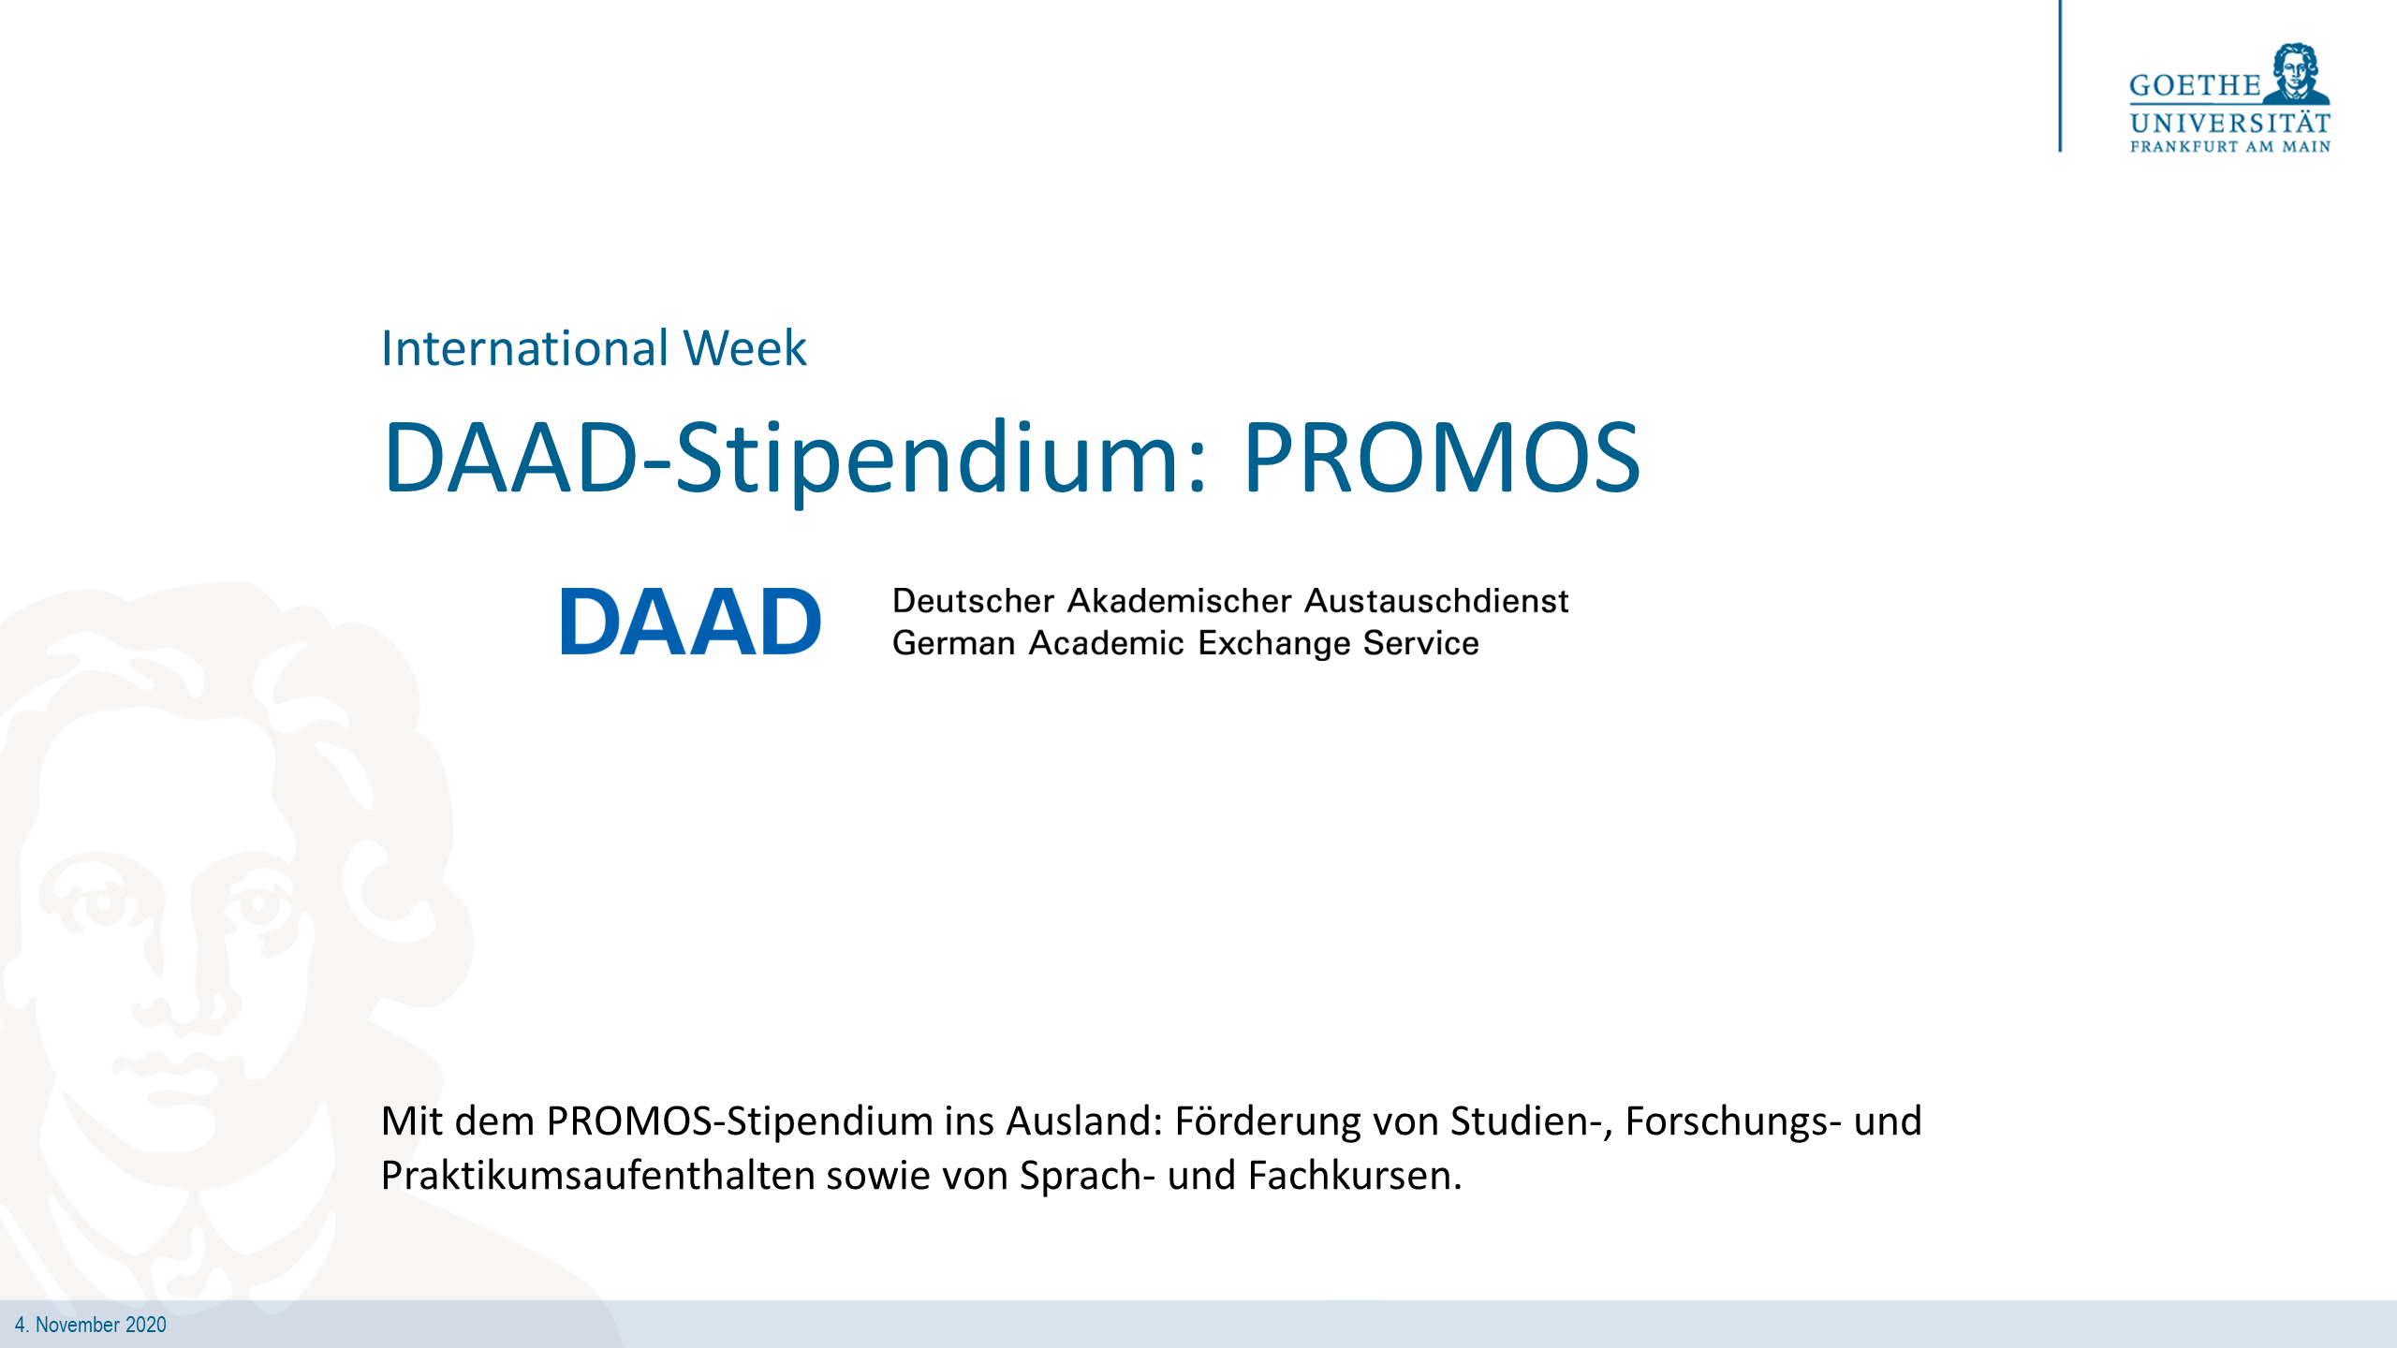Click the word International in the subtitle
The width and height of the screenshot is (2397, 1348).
point(524,348)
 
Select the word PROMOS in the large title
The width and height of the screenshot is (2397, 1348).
point(1441,458)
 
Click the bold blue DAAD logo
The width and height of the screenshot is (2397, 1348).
point(690,623)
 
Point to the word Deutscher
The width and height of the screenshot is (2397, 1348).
point(973,601)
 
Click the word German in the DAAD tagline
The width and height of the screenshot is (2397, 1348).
point(953,644)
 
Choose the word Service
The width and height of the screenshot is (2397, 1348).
point(1420,644)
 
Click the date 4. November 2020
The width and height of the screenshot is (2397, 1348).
point(91,1325)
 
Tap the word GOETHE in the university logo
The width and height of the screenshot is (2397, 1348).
point(2194,86)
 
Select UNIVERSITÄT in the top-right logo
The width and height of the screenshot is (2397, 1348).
point(2229,124)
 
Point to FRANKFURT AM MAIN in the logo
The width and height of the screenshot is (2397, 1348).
point(2229,147)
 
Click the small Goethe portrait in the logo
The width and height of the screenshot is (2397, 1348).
point(2296,73)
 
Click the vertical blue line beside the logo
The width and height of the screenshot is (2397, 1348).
point(2060,75)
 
